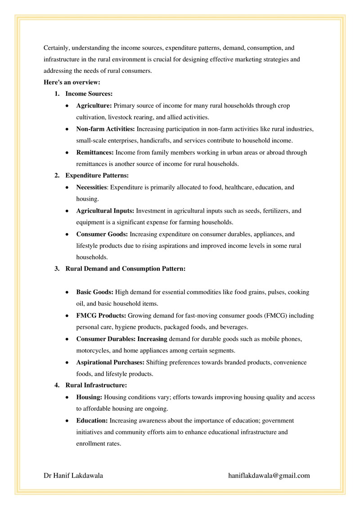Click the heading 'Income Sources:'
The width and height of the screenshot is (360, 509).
click(x=89, y=94)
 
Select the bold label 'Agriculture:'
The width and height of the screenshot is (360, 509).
click(x=94, y=106)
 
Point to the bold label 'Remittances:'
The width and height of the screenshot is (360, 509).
click(x=95, y=153)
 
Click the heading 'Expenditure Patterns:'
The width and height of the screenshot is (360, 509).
click(x=97, y=176)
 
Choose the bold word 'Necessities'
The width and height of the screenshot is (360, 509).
click(x=91, y=187)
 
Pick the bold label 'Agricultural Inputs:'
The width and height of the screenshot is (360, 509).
click(x=105, y=211)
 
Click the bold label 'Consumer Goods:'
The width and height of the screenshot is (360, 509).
click(x=102, y=234)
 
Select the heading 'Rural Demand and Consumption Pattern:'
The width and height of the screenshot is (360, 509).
click(x=126, y=269)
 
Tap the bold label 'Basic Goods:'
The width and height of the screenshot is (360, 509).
click(x=94, y=292)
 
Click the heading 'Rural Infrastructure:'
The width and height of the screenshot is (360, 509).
click(x=96, y=385)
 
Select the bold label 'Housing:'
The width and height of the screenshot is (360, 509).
click(x=90, y=397)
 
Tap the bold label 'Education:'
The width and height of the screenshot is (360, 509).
click(x=92, y=420)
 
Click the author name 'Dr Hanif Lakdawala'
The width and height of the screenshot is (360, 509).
click(x=73, y=475)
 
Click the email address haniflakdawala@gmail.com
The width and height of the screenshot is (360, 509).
click(x=269, y=475)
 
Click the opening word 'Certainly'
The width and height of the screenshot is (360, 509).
click(x=56, y=47)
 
